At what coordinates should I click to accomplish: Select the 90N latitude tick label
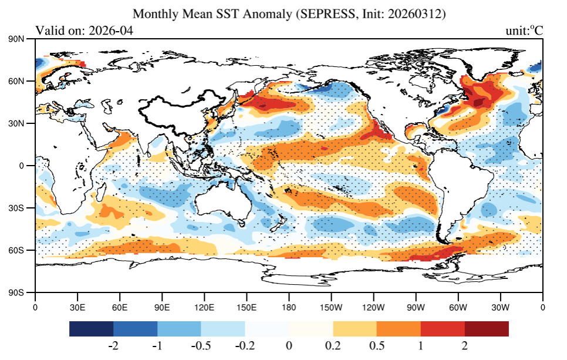[x=23, y=39]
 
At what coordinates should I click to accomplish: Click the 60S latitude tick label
[x=24, y=250]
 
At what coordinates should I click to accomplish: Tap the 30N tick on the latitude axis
[x=23, y=124]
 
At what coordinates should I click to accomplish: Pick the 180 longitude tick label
[x=289, y=307]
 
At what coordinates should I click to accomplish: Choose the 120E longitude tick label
[x=204, y=307]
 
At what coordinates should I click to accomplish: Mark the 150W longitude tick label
[x=331, y=307]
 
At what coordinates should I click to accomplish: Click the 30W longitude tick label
[x=500, y=307]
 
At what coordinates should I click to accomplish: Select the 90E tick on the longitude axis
[x=162, y=307]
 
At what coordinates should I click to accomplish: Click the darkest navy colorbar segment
[x=91, y=329]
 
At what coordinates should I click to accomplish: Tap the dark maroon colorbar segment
[x=487, y=329]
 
